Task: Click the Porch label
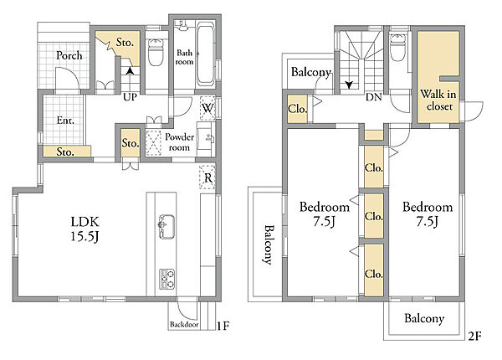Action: (69, 55)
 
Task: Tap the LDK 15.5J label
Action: (85, 229)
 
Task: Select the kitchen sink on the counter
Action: (166, 226)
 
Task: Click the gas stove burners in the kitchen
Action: (167, 280)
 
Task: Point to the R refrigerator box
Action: (207, 177)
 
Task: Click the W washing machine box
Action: (207, 108)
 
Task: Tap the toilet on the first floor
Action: (156, 51)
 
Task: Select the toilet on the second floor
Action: (398, 47)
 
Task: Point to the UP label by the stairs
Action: (130, 97)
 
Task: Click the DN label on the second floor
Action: (374, 97)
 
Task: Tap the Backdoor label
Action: (184, 325)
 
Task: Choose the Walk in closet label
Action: (438, 100)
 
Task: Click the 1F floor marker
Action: (223, 326)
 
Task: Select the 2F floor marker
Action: (474, 336)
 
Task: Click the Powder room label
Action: (180, 141)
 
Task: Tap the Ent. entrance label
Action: (65, 121)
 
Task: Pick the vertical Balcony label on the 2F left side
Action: (269, 244)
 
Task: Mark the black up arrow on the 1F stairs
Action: (130, 70)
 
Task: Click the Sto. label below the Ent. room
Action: (65, 152)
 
